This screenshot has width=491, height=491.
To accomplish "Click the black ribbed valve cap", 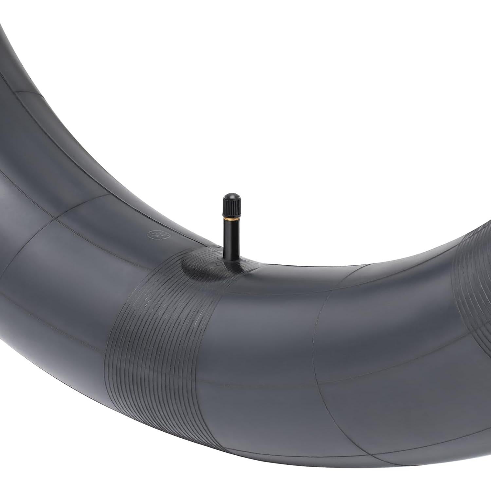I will click(x=232, y=206).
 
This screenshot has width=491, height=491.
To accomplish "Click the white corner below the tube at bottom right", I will click(x=471, y=478).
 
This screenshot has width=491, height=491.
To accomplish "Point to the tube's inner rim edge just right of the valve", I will click(x=262, y=264).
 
